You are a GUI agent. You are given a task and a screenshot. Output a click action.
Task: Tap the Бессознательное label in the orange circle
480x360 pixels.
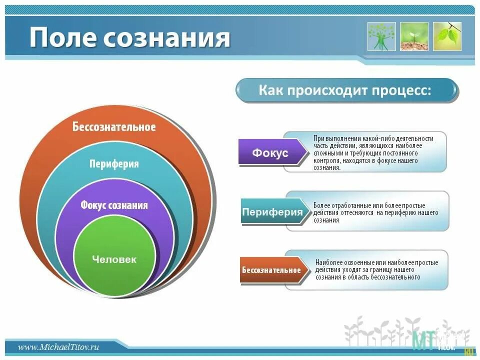[114, 126]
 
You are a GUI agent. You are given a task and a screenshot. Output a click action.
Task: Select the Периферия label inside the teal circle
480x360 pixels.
[114, 164]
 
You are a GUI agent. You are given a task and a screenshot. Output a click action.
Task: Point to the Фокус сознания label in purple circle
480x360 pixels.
[114, 205]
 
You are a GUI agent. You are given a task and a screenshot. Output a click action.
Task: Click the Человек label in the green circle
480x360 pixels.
[114, 259]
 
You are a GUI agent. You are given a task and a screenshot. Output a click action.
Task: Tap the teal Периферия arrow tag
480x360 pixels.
[272, 212]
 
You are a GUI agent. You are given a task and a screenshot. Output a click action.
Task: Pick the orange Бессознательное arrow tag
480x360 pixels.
[271, 270]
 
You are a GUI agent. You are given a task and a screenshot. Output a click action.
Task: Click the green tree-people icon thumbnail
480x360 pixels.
[381, 36]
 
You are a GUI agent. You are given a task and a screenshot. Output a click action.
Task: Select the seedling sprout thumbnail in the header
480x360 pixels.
[414, 36]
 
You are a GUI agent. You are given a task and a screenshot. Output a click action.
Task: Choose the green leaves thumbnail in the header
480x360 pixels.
[447, 36]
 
